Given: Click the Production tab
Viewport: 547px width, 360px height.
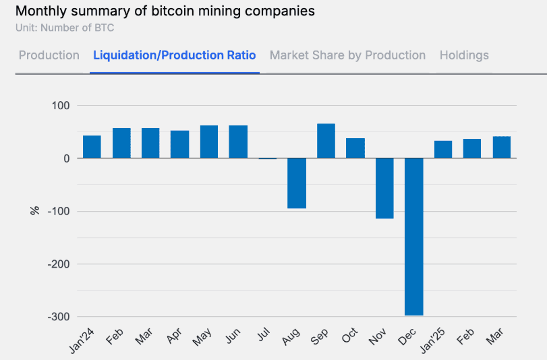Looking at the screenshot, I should (49, 55).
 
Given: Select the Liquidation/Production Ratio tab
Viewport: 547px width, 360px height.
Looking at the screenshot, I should (175, 55).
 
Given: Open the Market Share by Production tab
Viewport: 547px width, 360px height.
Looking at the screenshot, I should (347, 55).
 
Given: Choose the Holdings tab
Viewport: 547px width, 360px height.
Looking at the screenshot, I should (464, 55).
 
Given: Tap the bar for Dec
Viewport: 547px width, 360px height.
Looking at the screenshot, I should (413, 236).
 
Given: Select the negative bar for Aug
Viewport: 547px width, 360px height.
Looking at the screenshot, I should (297, 183).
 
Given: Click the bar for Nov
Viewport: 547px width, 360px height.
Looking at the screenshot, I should (384, 188).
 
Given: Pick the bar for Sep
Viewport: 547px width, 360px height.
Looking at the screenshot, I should (326, 140).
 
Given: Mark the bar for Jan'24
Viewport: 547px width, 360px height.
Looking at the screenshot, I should (92, 146).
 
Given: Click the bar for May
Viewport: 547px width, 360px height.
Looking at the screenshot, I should (209, 142).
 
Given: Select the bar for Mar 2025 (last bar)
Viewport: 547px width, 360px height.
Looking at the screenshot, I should (501, 147).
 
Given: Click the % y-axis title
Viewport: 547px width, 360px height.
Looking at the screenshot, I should (34, 211).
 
